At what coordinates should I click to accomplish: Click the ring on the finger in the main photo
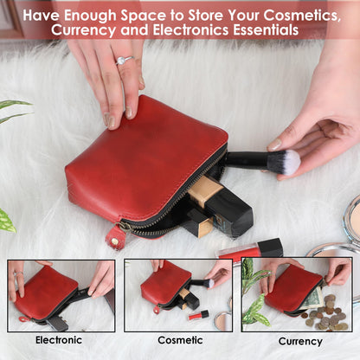pos(125,60)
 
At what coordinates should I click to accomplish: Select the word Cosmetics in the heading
pos(302,15)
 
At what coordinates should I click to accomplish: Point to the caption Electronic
pos(59,340)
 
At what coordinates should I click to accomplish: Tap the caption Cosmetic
pos(180,340)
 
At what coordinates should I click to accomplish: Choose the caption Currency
pos(300,341)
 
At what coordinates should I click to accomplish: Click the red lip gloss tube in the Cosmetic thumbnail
pos(198,315)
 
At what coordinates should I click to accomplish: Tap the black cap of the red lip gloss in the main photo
pos(270,247)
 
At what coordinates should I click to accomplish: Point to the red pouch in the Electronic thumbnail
pos(46,292)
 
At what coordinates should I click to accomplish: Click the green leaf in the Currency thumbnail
pos(254,310)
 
